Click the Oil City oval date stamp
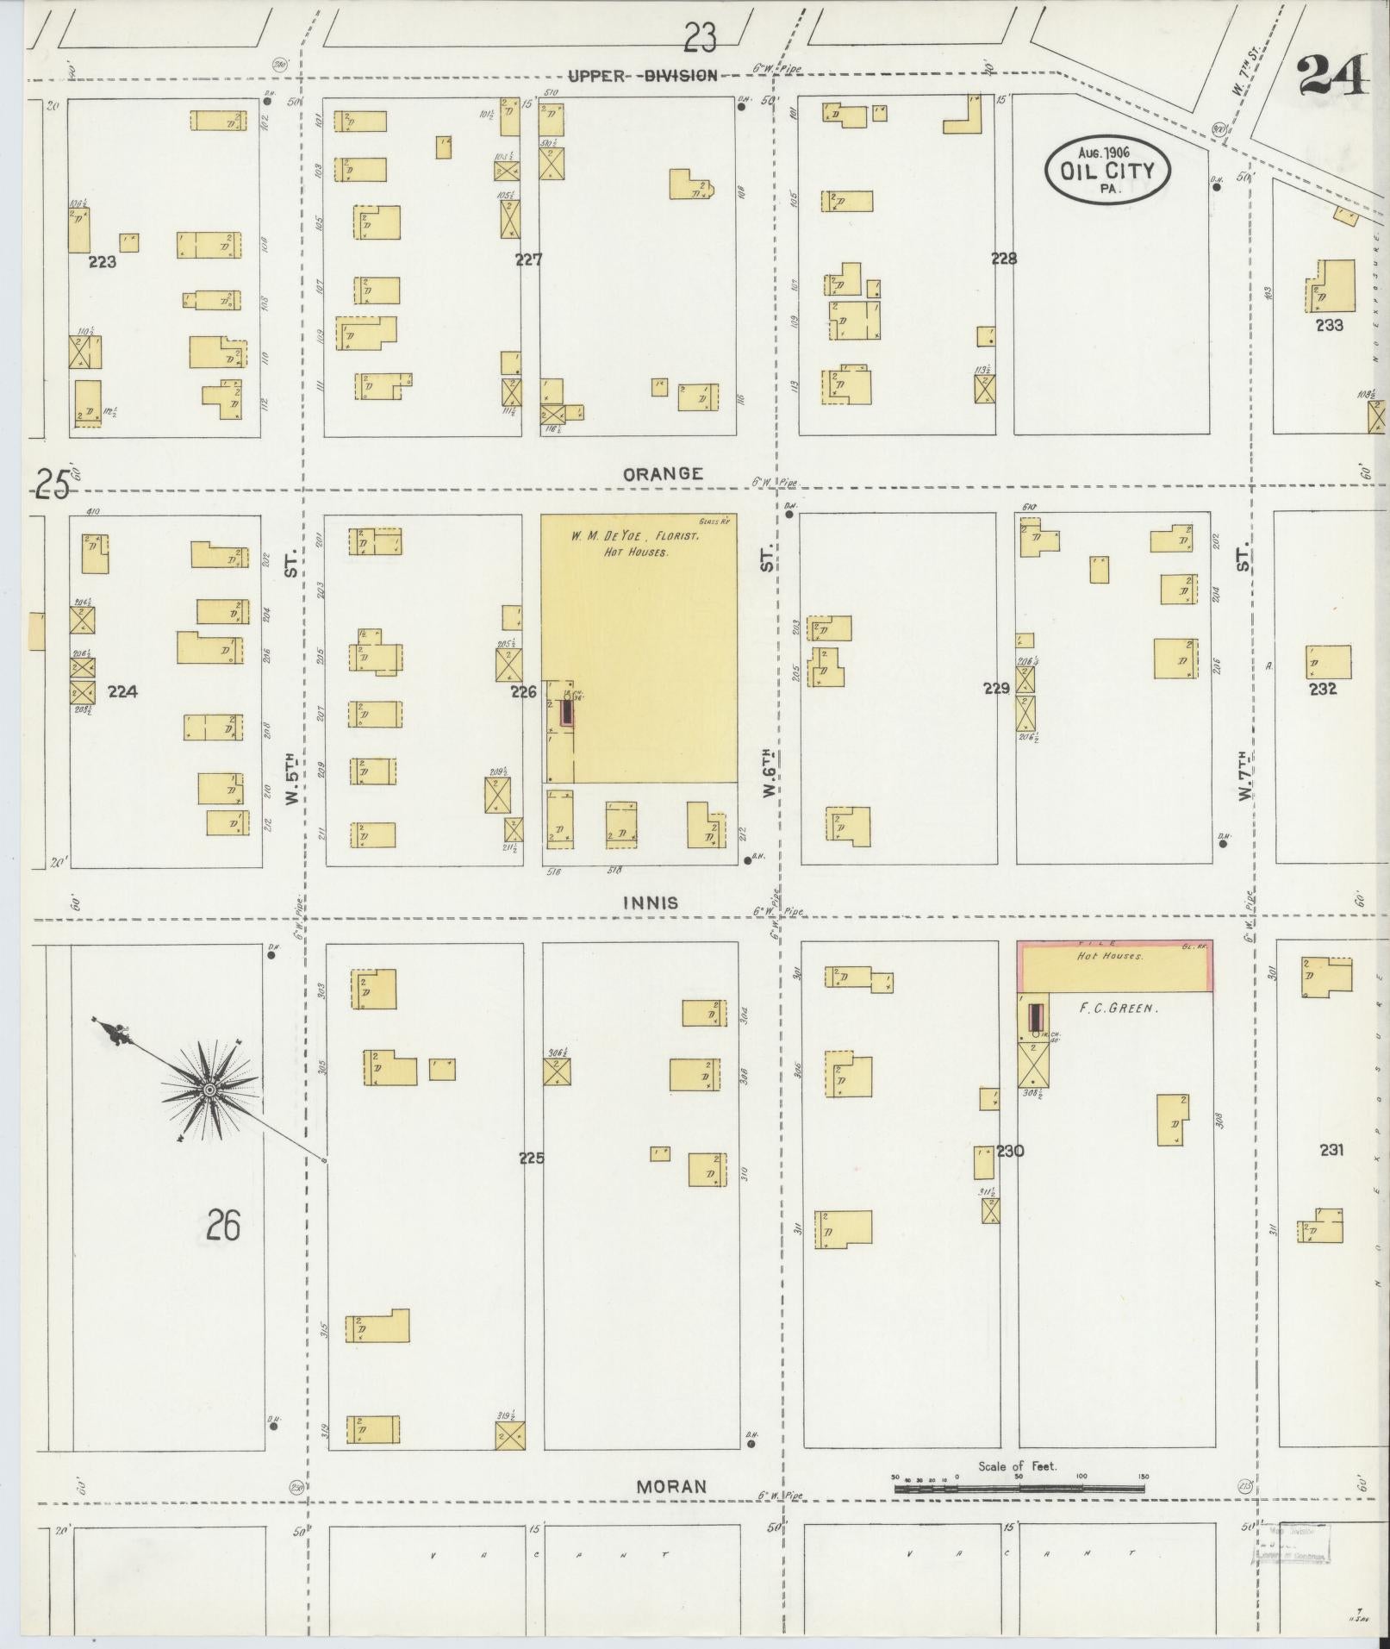pos(1107,170)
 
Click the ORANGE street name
pos(663,474)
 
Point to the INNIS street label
pos(651,903)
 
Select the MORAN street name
pos(671,1486)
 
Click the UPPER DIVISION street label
pos(642,76)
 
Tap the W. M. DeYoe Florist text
pos(634,536)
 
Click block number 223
pos(102,262)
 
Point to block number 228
pos(1004,258)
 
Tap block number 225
pos(532,1158)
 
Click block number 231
pos(1331,1149)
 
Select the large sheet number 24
pos(1331,76)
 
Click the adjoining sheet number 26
pos(222,1225)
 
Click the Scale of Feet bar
pos(1020,1488)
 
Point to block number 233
pos(1329,326)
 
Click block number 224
pos(123,691)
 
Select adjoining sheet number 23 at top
pos(700,38)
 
